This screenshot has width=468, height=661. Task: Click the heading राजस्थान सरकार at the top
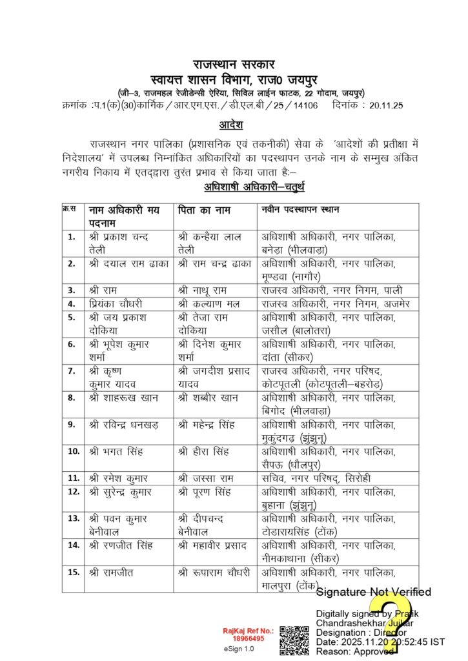coord(234,65)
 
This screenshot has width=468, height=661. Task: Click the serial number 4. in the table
coord(72,303)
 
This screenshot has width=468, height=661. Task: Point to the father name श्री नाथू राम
coord(206,290)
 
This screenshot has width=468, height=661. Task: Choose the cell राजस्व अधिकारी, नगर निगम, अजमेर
coord(332,303)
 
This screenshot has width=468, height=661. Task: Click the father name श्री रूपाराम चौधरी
coord(214,572)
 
